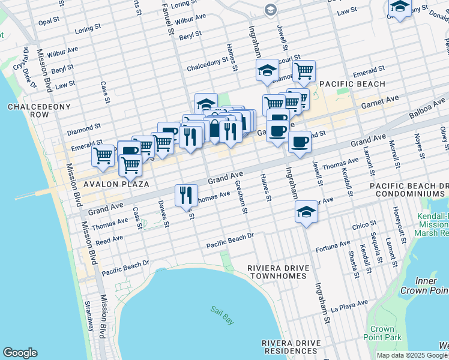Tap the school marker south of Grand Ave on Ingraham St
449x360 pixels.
306,212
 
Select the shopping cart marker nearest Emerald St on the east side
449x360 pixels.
304,71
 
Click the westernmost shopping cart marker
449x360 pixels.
103,155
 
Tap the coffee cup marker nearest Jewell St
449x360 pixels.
300,142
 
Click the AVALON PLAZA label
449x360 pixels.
98,184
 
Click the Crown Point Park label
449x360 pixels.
382,333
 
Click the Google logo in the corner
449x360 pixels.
20,353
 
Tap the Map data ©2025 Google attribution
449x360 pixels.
411,355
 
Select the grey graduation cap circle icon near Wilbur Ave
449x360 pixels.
271,10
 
